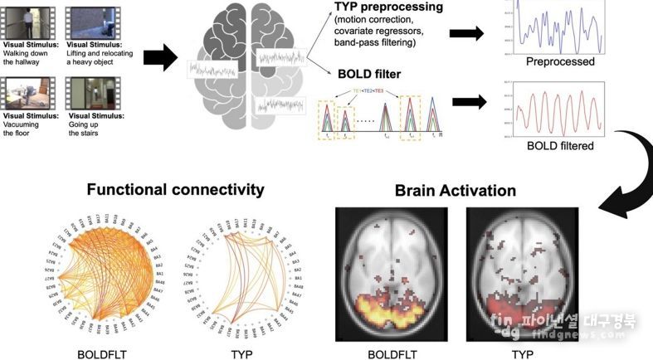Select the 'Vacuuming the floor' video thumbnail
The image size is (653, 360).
[25, 92]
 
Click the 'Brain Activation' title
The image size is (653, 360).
[455, 191]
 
